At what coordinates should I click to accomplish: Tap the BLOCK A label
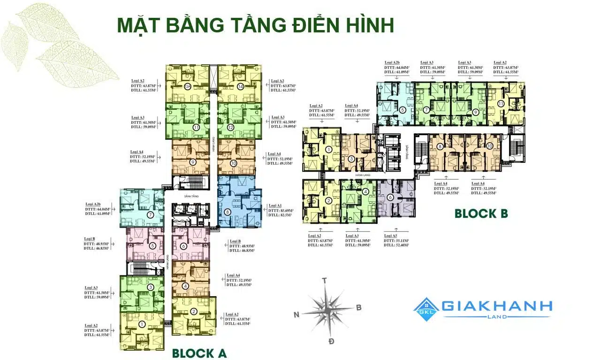(199, 352)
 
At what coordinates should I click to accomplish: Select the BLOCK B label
(481, 214)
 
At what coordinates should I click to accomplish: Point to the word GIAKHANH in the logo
(497, 306)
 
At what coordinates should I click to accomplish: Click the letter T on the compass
(324, 281)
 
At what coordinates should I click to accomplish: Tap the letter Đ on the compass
(331, 341)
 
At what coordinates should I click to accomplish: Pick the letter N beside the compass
(296, 314)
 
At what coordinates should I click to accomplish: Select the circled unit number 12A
(187, 86)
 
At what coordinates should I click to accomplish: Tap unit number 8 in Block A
(228, 212)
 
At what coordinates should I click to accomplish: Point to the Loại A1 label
(274, 205)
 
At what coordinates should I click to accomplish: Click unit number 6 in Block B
(390, 198)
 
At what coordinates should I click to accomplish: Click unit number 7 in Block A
(150, 215)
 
